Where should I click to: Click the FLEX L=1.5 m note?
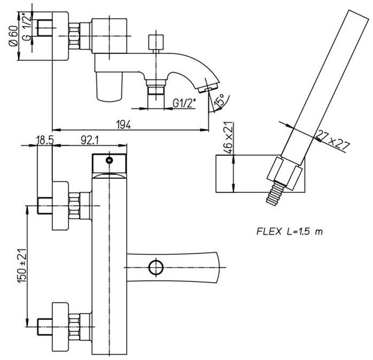point(289,232)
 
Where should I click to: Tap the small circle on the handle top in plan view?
point(110,160)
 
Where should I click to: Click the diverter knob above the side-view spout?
point(157,41)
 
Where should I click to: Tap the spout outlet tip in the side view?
point(210,85)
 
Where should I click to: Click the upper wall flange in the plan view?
point(60,205)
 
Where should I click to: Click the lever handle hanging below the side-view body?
point(109,87)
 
